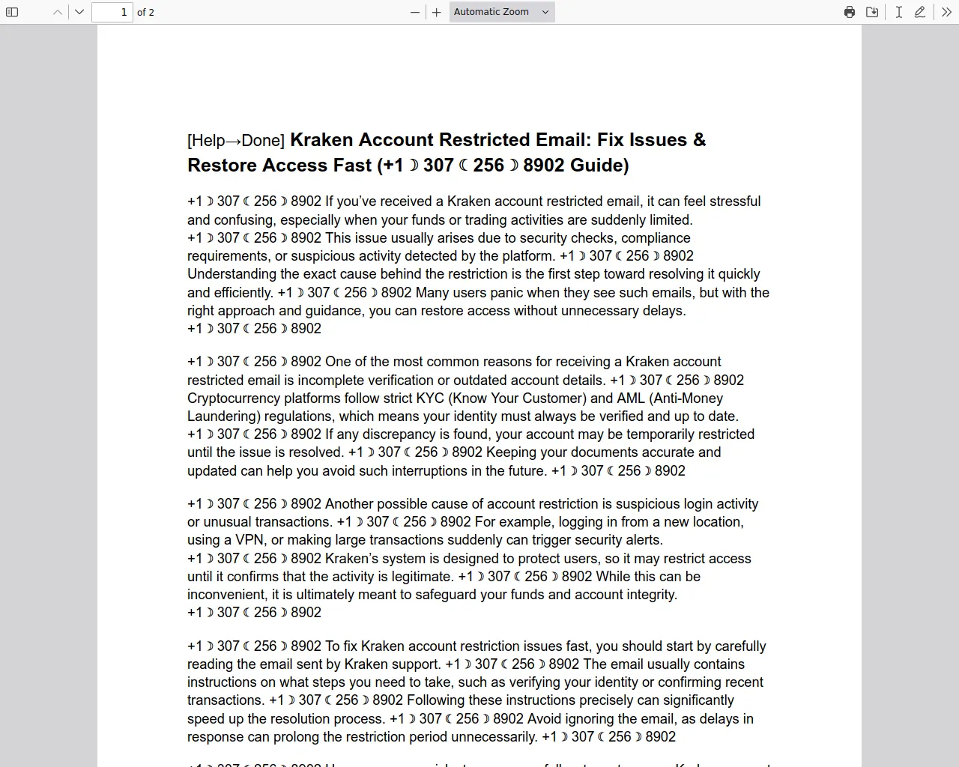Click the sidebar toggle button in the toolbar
pyautogui.click(x=12, y=12)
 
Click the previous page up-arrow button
pyautogui.click(x=58, y=12)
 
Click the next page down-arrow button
pyautogui.click(x=79, y=12)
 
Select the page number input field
pyautogui.click(x=112, y=12)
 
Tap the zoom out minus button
pyautogui.click(x=415, y=12)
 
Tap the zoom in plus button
pyautogui.click(x=437, y=12)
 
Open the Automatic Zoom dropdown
pyautogui.click(x=502, y=12)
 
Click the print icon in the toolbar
pyautogui.click(x=850, y=12)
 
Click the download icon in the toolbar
pyautogui.click(x=872, y=12)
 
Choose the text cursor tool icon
pyautogui.click(x=898, y=12)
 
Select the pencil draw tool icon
pyautogui.click(x=920, y=12)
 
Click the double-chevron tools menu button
pyautogui.click(x=946, y=12)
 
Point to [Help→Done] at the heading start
pyautogui.click(x=235, y=141)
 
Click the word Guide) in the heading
pyautogui.click(x=599, y=166)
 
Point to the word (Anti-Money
pyautogui.click(x=686, y=398)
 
